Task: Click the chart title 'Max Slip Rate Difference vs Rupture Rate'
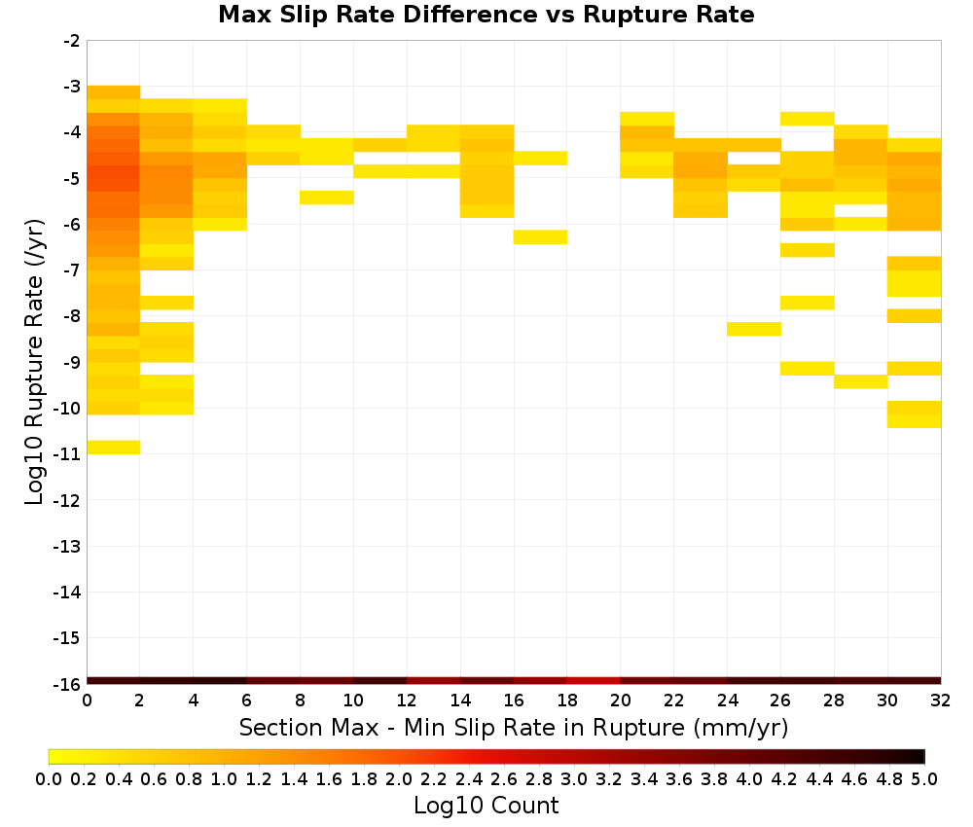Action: tap(486, 15)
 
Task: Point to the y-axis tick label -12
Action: tap(66, 500)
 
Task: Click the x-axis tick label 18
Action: tap(567, 701)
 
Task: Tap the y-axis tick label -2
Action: tap(71, 41)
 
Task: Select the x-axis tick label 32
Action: tap(941, 701)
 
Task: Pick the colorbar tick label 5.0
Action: tap(924, 778)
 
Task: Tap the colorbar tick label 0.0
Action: tap(49, 778)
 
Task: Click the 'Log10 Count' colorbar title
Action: tap(486, 806)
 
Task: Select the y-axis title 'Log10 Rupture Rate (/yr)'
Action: tap(34, 362)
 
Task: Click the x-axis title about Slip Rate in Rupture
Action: tap(513, 727)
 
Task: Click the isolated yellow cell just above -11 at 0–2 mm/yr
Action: tap(114, 447)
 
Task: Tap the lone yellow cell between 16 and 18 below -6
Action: tap(540, 237)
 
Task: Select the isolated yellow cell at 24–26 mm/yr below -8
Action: tap(754, 329)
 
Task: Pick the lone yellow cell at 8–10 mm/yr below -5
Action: tap(327, 198)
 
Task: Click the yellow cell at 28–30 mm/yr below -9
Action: tap(861, 381)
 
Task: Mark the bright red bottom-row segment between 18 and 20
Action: tap(594, 681)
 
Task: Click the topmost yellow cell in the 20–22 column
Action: tap(647, 119)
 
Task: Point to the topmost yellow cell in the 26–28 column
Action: tap(808, 119)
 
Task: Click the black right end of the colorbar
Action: tap(919, 756)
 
